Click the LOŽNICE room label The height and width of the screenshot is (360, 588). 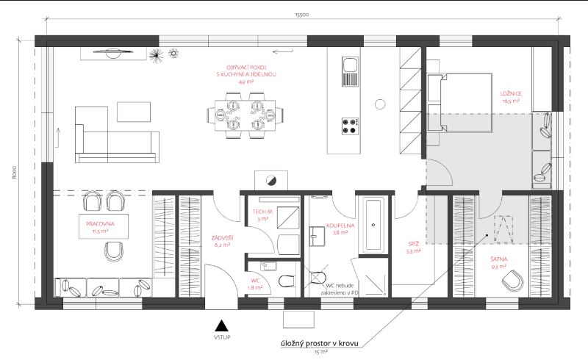511,94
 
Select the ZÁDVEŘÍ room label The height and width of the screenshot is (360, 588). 223,237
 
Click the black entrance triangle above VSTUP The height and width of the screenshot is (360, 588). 219,324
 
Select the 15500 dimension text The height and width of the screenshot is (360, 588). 301,14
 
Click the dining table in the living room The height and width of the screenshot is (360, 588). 245,115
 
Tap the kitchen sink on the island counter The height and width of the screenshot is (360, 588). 350,72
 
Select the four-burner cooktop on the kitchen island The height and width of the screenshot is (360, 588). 350,125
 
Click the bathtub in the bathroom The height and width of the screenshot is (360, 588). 374,223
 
